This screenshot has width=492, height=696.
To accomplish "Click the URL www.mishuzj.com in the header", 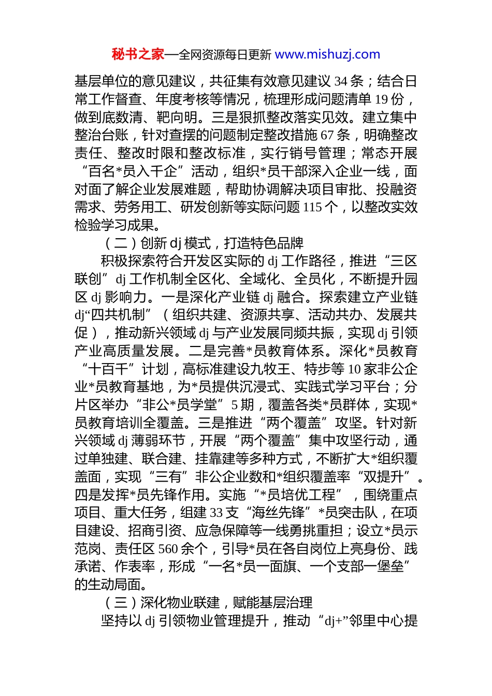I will pyautogui.click(x=327, y=54).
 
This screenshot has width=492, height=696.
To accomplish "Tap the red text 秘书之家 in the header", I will pyautogui.click(x=138, y=54).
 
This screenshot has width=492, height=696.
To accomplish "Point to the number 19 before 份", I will pyautogui.click(x=382, y=99).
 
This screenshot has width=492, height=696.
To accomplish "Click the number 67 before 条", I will pyautogui.click(x=327, y=135).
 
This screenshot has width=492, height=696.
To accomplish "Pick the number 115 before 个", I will pyautogui.click(x=312, y=207).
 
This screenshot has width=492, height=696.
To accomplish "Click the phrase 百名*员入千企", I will pyautogui.click(x=137, y=171).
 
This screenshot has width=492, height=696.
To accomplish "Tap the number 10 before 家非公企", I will pyautogui.click(x=354, y=369).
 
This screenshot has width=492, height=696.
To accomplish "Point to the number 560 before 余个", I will pyautogui.click(x=168, y=549).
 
